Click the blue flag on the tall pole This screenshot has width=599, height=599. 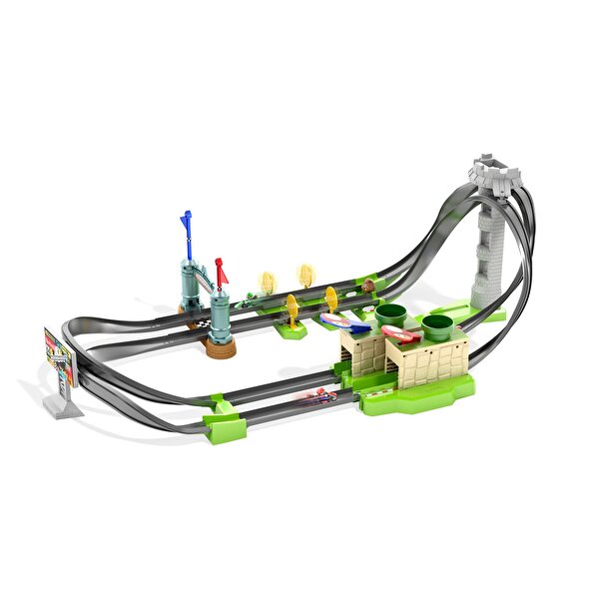186,220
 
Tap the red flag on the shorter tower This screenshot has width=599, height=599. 220,267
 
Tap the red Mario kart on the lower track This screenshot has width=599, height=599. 321,396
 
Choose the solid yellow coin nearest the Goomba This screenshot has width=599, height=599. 332,297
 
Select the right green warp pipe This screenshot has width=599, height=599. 437,325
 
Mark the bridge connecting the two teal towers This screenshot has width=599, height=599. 206,285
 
